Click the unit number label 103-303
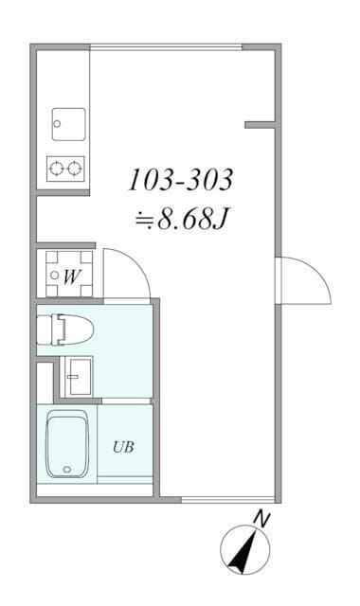point(181,179)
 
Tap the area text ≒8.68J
point(182,219)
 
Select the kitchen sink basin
point(69,124)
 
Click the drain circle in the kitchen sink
point(57,124)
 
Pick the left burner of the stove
point(57,169)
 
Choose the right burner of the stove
point(74,169)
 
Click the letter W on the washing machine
point(72,276)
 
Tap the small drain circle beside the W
point(55,276)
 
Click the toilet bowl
point(65,330)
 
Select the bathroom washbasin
point(79,376)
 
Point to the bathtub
point(67,444)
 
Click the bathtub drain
point(67,470)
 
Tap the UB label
point(123,447)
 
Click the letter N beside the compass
point(262,519)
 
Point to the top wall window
point(167,47)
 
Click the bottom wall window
point(228,500)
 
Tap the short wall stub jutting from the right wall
point(260,125)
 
